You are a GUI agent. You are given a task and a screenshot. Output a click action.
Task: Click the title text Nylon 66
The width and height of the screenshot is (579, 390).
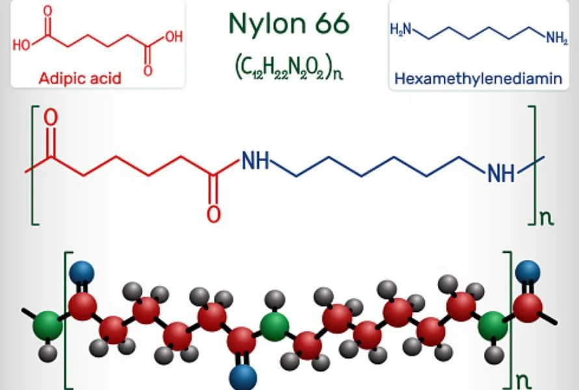click(289, 23)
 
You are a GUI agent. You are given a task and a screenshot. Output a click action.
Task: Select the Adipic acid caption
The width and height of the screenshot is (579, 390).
click(80, 78)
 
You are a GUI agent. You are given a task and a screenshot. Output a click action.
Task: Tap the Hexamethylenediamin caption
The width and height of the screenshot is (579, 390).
click(479, 78)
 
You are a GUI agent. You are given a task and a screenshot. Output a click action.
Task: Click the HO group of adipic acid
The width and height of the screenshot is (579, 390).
click(21, 45)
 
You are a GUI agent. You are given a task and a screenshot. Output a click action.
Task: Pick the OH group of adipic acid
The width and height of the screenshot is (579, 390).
click(174, 36)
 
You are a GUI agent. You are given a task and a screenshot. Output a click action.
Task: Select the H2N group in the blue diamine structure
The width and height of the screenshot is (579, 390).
click(401, 29)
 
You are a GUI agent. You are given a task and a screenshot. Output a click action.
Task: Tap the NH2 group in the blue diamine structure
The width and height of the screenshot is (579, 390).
click(558, 38)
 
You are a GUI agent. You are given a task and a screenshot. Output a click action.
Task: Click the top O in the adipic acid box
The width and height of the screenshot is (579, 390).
click(47, 10)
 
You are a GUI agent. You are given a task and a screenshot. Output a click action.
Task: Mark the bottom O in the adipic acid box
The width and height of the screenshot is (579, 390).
click(148, 70)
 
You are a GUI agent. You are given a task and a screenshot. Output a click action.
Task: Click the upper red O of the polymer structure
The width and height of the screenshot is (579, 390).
click(51, 118)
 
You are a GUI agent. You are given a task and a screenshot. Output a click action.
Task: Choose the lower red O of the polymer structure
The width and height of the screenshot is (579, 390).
click(213, 214)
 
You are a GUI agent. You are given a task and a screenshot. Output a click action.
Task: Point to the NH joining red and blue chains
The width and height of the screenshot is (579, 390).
click(255, 161)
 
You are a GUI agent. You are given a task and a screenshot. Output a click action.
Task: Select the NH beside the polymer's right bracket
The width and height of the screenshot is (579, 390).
click(501, 173)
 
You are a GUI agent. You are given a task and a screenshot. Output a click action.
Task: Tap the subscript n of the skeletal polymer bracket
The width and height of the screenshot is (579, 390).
click(547, 218)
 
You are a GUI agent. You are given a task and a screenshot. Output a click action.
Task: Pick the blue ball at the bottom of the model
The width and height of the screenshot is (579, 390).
click(243, 378)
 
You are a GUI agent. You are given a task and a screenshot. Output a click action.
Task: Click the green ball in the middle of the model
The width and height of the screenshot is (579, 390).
click(275, 326)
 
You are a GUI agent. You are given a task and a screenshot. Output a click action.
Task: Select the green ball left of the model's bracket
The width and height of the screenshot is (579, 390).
click(47, 326)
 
